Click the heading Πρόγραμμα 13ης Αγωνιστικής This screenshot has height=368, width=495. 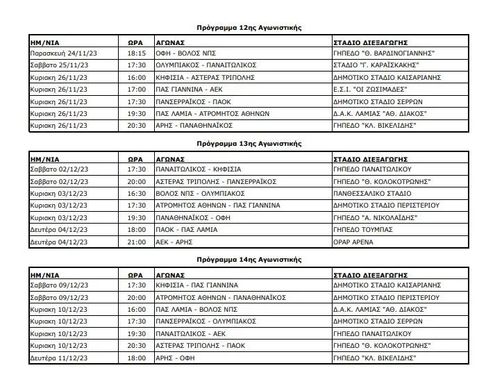249,143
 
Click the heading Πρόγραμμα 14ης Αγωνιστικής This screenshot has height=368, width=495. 249,259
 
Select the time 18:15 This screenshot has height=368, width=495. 137,52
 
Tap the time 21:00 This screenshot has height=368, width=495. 137,242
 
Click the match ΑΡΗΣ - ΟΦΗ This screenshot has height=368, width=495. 174,358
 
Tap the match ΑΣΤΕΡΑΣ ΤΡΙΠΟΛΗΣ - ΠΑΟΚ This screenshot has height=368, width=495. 196,346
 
